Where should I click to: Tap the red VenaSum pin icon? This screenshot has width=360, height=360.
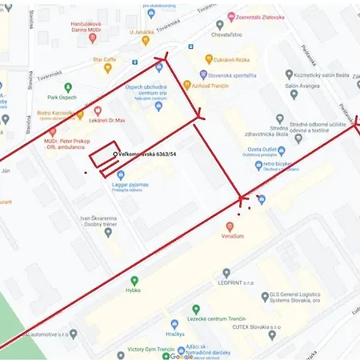230,226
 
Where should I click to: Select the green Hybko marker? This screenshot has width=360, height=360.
134,281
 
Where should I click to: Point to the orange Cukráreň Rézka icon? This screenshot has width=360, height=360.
208,59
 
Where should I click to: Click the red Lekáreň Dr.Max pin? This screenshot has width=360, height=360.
98,110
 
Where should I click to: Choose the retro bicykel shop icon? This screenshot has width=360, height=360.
258,165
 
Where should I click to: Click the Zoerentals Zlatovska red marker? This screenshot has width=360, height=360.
230,16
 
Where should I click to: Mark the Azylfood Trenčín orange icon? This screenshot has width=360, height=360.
186,84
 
